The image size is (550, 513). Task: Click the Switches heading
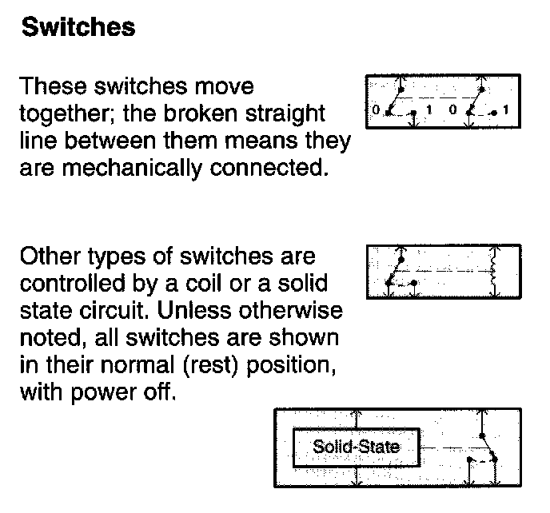pyautogui.click(x=78, y=29)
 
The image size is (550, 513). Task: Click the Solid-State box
pyautogui.click(x=356, y=446)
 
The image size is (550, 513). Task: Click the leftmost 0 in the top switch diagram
pyautogui.click(x=375, y=109)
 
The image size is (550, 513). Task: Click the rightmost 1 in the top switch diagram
pyautogui.click(x=508, y=109)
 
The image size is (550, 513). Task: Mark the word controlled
pyautogui.click(x=73, y=284)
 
